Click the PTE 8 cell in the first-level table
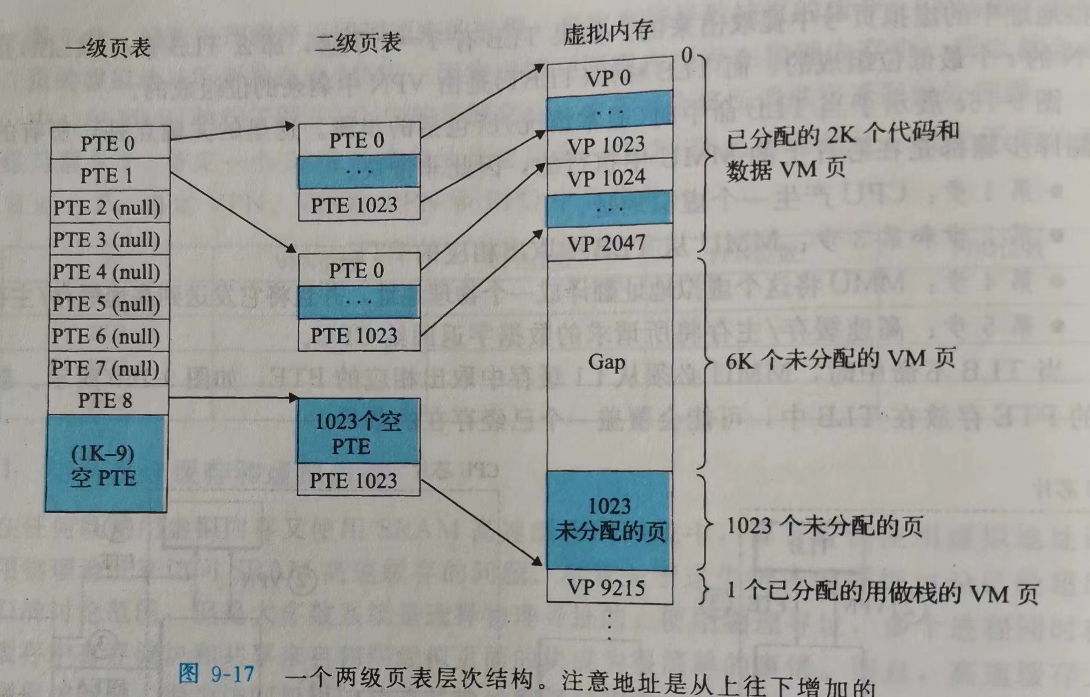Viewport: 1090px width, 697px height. [x=106, y=400]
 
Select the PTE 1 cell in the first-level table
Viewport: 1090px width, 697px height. [x=107, y=175]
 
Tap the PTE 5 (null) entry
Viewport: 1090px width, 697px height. [x=107, y=304]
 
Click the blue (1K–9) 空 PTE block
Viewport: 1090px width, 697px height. [x=105, y=464]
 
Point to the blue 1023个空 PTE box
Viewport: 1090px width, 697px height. [x=358, y=433]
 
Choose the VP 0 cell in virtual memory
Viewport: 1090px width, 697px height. [x=609, y=78]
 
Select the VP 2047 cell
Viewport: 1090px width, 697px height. [x=607, y=243]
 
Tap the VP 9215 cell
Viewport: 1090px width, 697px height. [x=607, y=588]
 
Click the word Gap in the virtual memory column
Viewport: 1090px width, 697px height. [x=607, y=362]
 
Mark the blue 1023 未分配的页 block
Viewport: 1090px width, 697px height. [x=609, y=520]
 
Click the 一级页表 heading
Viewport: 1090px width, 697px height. [x=108, y=48]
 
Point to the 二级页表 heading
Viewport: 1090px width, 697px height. [x=358, y=42]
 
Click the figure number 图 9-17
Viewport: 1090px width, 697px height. [x=216, y=674]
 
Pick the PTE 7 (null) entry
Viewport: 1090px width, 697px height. [x=106, y=369]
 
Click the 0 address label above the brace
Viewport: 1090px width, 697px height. [x=687, y=55]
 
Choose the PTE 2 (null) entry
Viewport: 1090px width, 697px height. [x=107, y=207]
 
